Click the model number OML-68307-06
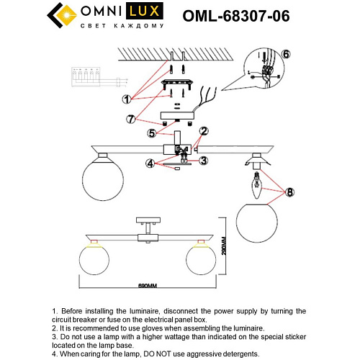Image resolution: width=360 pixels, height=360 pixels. (x=237, y=16)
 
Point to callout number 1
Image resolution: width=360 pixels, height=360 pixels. (x=126, y=99)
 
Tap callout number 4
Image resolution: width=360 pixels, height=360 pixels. (x=150, y=163)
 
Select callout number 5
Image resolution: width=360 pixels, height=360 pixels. (x=152, y=132)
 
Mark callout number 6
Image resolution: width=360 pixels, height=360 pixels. (x=285, y=54)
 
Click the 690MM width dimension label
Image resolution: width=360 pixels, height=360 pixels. (x=147, y=286)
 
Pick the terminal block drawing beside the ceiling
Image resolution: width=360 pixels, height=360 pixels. (x=85, y=77)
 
